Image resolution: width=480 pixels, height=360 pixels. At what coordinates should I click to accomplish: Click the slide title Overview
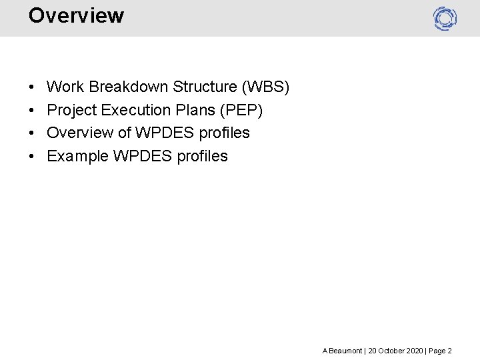(76, 15)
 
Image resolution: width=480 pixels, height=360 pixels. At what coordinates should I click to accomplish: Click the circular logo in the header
(445, 18)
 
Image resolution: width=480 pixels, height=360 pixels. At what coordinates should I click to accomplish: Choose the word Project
(72, 110)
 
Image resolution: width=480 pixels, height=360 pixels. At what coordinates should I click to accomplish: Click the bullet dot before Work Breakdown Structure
(31, 87)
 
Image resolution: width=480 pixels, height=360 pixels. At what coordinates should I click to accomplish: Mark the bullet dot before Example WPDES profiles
(31, 157)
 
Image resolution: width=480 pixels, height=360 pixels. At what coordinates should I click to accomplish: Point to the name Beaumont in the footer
(346, 351)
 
